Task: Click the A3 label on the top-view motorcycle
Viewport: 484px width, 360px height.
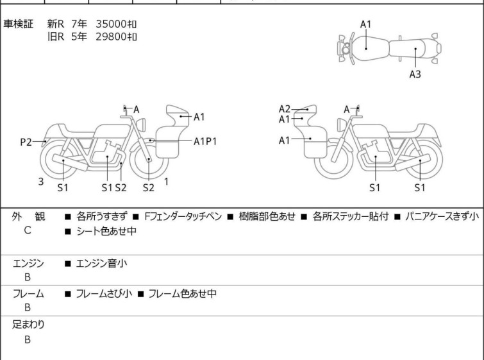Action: tap(415, 74)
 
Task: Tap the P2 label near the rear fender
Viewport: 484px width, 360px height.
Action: tap(26, 142)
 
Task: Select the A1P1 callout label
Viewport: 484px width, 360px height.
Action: tap(205, 142)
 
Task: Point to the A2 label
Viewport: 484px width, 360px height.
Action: tap(284, 109)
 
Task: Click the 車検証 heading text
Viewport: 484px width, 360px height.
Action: tap(18, 24)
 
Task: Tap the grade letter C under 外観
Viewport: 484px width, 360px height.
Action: tap(28, 230)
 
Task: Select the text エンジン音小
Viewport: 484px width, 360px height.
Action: tap(101, 263)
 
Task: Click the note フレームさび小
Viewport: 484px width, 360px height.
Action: tap(104, 293)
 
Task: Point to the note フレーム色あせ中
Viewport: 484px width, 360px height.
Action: tap(182, 293)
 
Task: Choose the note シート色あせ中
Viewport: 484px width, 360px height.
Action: tap(106, 231)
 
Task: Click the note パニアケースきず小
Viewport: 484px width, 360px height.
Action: tap(442, 216)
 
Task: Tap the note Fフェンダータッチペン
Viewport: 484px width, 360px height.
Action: tap(183, 216)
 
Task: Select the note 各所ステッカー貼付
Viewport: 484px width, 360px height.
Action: tap(351, 216)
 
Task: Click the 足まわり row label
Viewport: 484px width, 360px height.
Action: tap(28, 324)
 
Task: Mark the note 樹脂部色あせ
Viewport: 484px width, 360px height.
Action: tap(267, 216)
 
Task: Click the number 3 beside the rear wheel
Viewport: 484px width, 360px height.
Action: tap(41, 182)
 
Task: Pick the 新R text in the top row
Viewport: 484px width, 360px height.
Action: tap(56, 24)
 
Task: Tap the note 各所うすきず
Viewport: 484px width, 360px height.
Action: tap(101, 216)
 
